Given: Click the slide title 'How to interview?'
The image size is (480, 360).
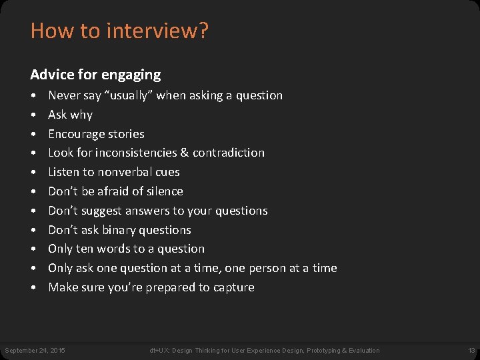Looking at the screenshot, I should point(119,31).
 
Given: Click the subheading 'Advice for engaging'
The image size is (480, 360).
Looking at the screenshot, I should point(95,74).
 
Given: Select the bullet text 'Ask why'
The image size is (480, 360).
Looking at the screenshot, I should point(70,115).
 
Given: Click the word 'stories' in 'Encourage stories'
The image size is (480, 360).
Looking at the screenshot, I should point(127,133).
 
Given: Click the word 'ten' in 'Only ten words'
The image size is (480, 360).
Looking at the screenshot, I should point(85,249).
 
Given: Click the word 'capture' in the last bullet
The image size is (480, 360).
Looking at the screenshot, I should point(233,287).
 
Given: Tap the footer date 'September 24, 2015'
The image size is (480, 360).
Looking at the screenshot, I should point(35,351).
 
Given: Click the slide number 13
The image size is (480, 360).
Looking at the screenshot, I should point(471,351).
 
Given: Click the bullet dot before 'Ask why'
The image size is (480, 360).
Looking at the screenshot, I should point(33,115).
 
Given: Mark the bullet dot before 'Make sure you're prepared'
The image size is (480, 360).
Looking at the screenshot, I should point(33,287).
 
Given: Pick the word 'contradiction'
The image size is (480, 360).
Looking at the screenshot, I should point(229,153).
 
